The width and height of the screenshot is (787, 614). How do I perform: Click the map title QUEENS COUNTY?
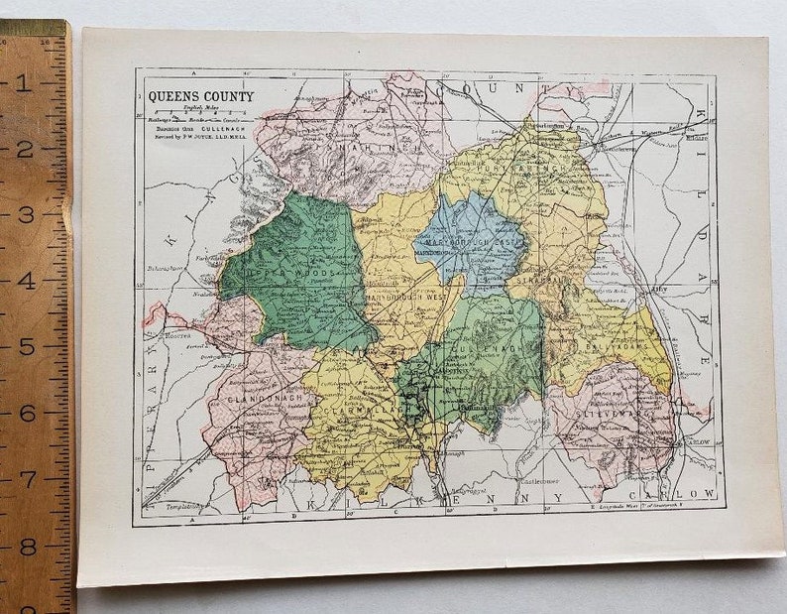200,97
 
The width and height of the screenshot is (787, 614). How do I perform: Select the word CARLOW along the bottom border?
683,493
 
